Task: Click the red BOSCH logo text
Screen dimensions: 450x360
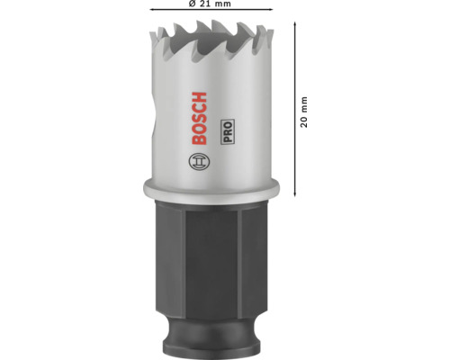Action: point(199,119)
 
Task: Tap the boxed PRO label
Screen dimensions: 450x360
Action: point(228,132)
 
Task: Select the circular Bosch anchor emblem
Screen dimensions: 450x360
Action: point(199,162)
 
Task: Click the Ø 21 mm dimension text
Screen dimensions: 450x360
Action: point(210,4)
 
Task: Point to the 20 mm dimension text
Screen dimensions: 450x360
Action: point(304,112)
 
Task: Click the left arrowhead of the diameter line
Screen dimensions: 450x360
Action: point(152,10)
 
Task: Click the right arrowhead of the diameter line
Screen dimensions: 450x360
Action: point(270,10)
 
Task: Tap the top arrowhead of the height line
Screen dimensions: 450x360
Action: point(295,24)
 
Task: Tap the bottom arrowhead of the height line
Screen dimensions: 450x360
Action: point(295,194)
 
